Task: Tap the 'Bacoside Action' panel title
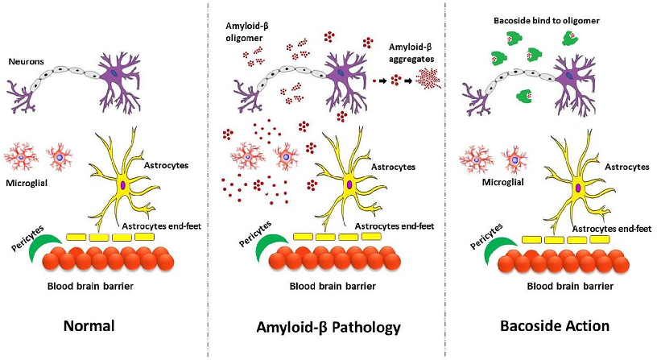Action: click(x=553, y=326)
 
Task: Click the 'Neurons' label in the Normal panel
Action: click(x=27, y=60)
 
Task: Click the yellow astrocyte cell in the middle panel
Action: click(x=350, y=181)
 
